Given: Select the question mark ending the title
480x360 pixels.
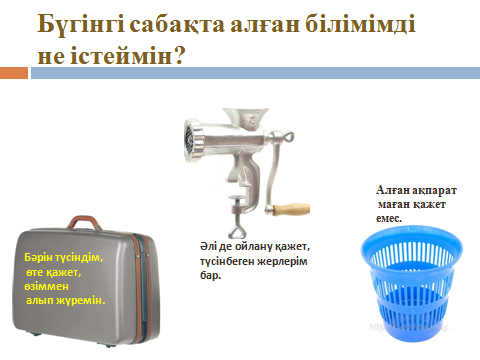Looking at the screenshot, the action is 179,55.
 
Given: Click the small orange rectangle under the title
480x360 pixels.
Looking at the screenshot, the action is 14,73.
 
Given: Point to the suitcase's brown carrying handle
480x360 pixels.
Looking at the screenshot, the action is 84,221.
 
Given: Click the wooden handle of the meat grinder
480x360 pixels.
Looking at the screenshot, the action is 291,209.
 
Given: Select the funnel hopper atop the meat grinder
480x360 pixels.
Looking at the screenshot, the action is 246,116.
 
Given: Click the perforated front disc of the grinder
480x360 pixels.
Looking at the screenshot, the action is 191,140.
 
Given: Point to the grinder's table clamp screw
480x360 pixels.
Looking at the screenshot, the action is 239,218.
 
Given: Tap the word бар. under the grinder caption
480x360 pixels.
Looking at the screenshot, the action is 211,275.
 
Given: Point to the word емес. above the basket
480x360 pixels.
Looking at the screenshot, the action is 389,219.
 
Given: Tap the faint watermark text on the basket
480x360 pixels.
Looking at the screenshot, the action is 411,327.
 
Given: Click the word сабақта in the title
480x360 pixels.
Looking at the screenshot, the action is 177,25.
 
